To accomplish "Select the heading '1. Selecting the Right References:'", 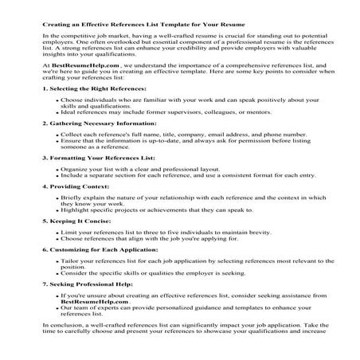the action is (x=88, y=110).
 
